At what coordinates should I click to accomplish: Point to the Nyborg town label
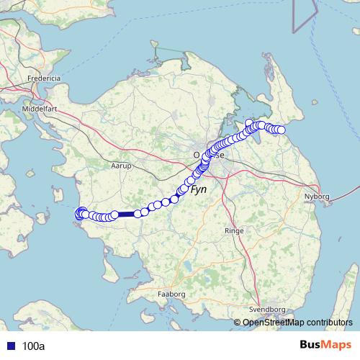317,195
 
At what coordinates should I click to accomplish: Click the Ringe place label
234,231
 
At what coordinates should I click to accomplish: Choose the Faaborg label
171,294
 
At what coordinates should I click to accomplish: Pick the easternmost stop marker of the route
282,130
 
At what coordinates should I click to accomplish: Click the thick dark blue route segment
125,213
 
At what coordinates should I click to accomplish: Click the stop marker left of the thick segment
114,215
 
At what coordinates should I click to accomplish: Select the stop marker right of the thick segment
137,213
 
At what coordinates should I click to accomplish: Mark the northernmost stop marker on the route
249,123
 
